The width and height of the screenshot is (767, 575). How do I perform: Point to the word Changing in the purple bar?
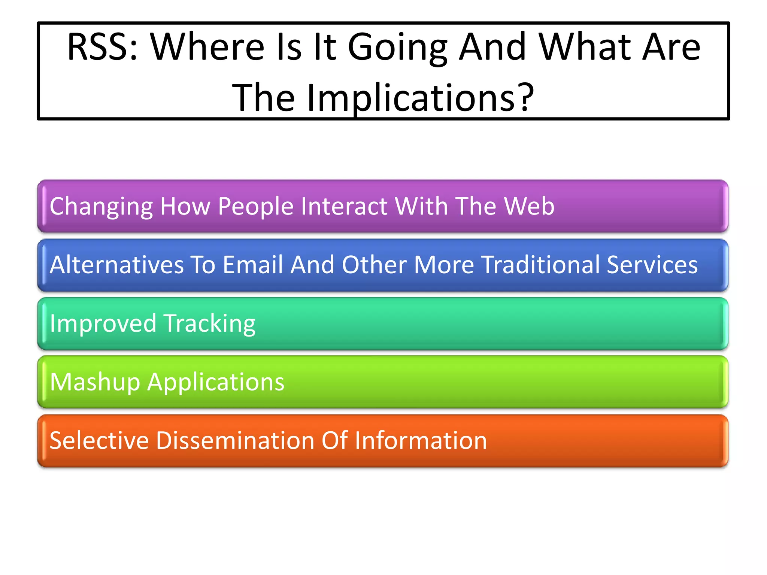click(101, 206)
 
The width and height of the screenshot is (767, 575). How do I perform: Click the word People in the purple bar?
click(255, 206)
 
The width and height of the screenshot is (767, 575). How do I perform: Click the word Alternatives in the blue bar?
click(116, 265)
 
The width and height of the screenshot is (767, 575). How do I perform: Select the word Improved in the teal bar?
click(103, 323)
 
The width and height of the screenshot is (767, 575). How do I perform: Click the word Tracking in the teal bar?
click(210, 323)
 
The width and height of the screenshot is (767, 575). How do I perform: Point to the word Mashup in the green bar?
click(95, 382)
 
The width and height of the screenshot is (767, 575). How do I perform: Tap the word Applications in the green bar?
click(216, 382)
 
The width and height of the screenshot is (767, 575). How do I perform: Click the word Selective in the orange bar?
click(99, 441)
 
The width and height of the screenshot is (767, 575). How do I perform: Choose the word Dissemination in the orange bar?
click(235, 441)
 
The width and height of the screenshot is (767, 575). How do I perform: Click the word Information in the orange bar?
click(421, 441)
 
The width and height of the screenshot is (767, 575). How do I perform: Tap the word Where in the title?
click(207, 47)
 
